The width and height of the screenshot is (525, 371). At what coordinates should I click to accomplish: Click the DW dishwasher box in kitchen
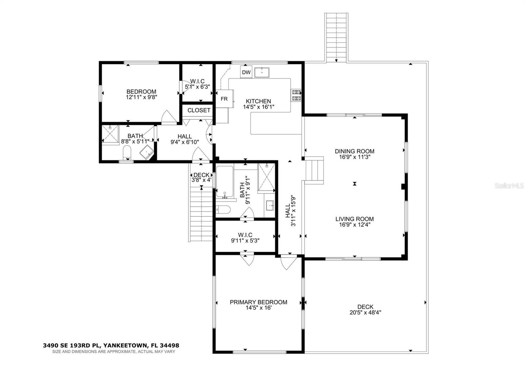click(x=246, y=72)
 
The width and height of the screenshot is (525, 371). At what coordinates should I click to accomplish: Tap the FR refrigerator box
click(x=224, y=99)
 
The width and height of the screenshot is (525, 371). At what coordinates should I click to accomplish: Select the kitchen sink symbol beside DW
click(x=262, y=72)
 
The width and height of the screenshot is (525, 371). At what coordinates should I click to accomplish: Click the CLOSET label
click(x=199, y=110)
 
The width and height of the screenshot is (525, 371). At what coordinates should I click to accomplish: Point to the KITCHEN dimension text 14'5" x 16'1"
click(x=259, y=107)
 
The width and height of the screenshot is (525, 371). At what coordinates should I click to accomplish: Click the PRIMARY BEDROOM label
click(x=258, y=302)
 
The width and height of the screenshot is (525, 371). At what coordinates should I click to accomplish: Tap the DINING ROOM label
click(x=354, y=151)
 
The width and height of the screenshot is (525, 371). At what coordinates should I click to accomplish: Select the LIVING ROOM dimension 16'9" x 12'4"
click(x=354, y=225)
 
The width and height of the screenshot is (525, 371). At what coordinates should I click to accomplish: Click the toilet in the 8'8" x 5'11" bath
click(x=127, y=153)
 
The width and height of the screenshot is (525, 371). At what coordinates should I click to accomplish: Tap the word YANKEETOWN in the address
click(x=125, y=345)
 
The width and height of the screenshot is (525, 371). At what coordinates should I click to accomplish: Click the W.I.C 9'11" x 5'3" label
click(x=245, y=238)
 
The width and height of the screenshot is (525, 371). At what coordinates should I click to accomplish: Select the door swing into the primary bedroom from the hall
click(x=289, y=263)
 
